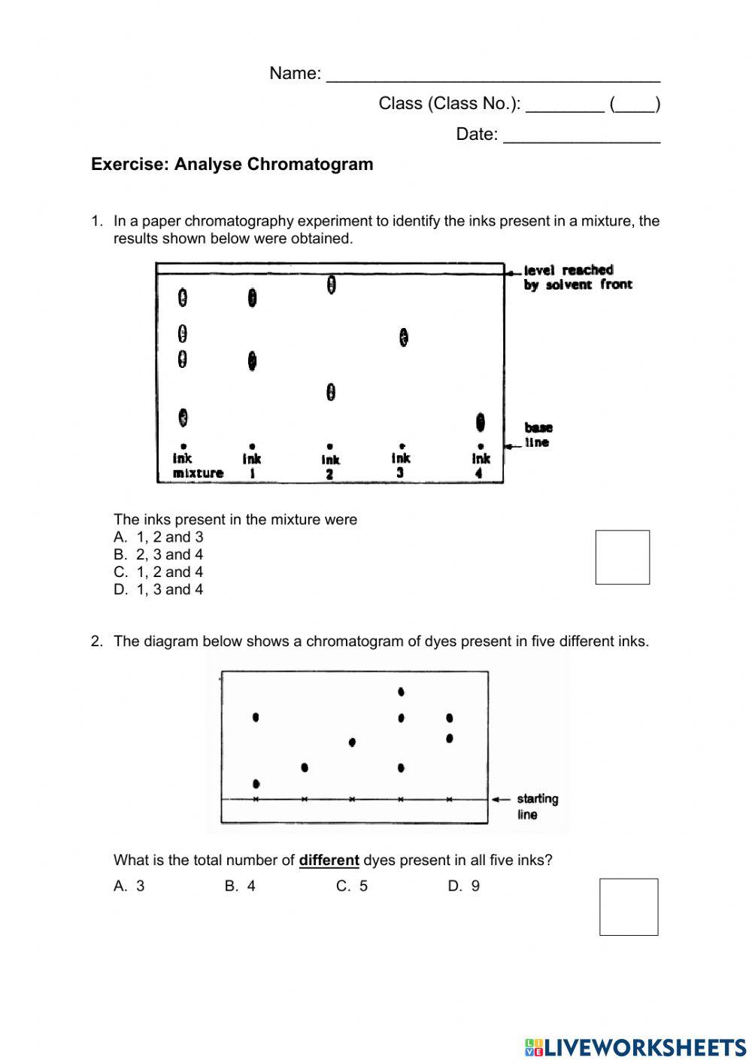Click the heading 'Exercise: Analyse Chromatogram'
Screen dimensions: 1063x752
coord(232,164)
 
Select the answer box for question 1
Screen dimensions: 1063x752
coord(622,557)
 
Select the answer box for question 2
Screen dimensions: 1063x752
coord(628,907)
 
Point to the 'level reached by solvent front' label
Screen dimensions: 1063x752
coord(578,277)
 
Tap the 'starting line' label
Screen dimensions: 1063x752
coord(537,806)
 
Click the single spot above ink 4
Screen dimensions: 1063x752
coord(480,422)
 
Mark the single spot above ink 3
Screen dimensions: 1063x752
coord(404,337)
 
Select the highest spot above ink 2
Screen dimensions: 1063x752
coord(331,285)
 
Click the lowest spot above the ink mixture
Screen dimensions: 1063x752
coord(183,417)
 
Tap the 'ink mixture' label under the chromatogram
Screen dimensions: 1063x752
coord(197,466)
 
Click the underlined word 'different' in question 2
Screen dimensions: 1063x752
coord(329,860)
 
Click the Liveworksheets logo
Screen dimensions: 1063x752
coord(635,1046)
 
